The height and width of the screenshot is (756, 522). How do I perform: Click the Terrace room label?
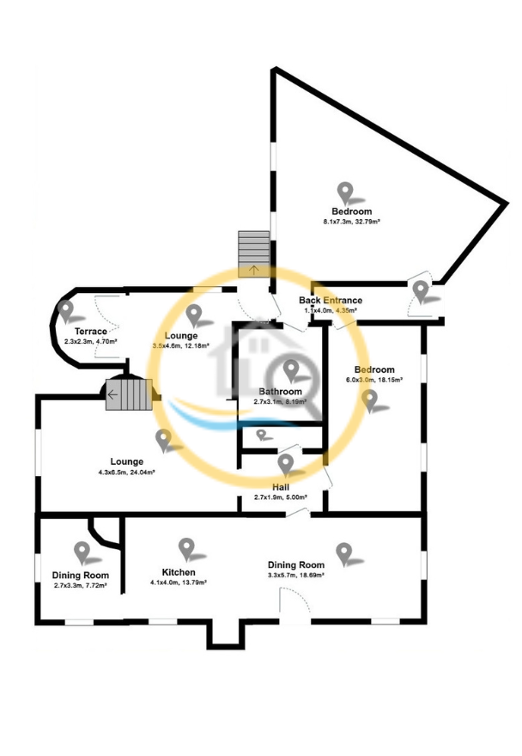[x=90, y=332]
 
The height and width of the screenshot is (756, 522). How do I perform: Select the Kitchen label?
[x=179, y=572]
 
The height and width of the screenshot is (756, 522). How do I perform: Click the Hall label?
[x=284, y=486]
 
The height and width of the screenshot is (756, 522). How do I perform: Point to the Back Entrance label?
[x=331, y=300]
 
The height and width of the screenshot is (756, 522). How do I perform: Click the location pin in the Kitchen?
[x=186, y=548]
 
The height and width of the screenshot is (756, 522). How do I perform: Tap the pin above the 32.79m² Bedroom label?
[x=345, y=192]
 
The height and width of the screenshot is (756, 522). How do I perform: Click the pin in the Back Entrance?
[x=421, y=290]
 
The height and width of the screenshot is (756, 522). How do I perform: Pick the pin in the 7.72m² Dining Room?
[x=82, y=552]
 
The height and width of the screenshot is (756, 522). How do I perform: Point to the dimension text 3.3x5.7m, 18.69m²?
[x=295, y=575]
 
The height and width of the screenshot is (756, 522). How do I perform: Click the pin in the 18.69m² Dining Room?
[x=345, y=553]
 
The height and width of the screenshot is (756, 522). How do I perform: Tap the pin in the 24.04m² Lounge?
[x=163, y=440]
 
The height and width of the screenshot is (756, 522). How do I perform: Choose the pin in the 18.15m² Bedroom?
[x=370, y=400]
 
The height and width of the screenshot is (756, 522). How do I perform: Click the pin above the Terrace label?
[x=65, y=310]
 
